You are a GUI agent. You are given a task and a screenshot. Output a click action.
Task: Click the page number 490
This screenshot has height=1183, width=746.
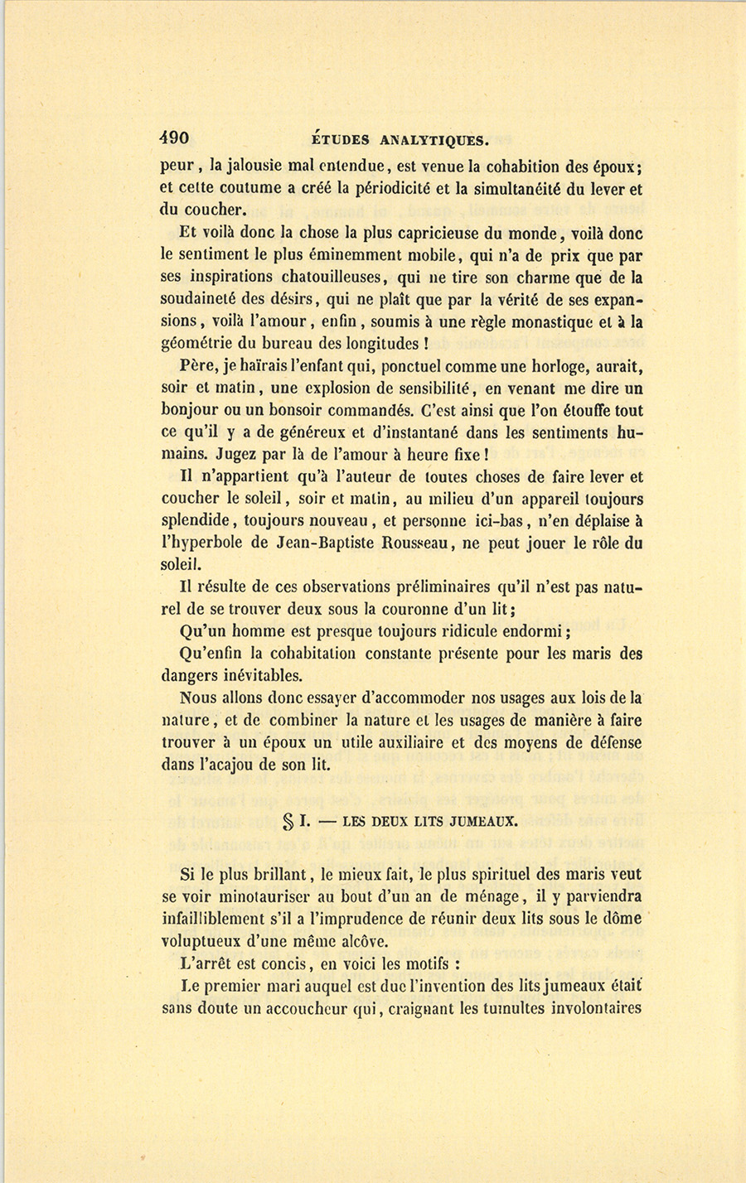175,138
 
